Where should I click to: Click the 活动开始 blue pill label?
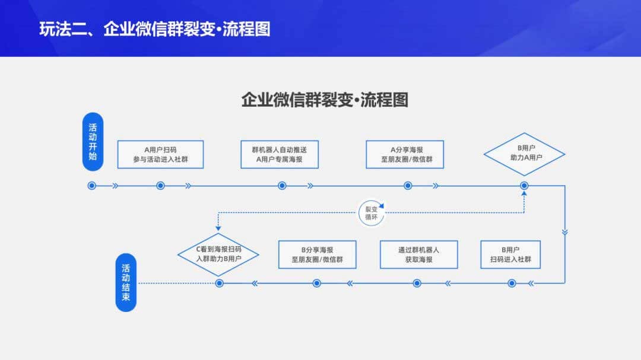92,142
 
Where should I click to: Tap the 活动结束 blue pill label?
126,283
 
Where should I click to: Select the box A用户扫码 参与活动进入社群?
160,154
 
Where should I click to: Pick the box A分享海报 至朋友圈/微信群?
404,154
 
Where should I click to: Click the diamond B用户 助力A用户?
524,154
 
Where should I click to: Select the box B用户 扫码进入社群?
511,254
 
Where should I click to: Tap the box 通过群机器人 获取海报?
418,254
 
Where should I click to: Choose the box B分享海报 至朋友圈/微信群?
317,254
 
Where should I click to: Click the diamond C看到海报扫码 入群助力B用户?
218,254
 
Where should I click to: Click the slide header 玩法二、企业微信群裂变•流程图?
155,29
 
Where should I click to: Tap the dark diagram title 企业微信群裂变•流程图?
325,99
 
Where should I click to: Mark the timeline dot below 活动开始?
91,186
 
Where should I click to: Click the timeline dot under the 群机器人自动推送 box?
282,186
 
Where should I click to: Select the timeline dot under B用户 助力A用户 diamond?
524,186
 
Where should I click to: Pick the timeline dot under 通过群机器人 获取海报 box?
417,283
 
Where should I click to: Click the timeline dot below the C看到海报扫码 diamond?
219,283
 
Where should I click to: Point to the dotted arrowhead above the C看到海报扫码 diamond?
218,227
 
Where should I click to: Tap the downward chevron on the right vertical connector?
564,232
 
